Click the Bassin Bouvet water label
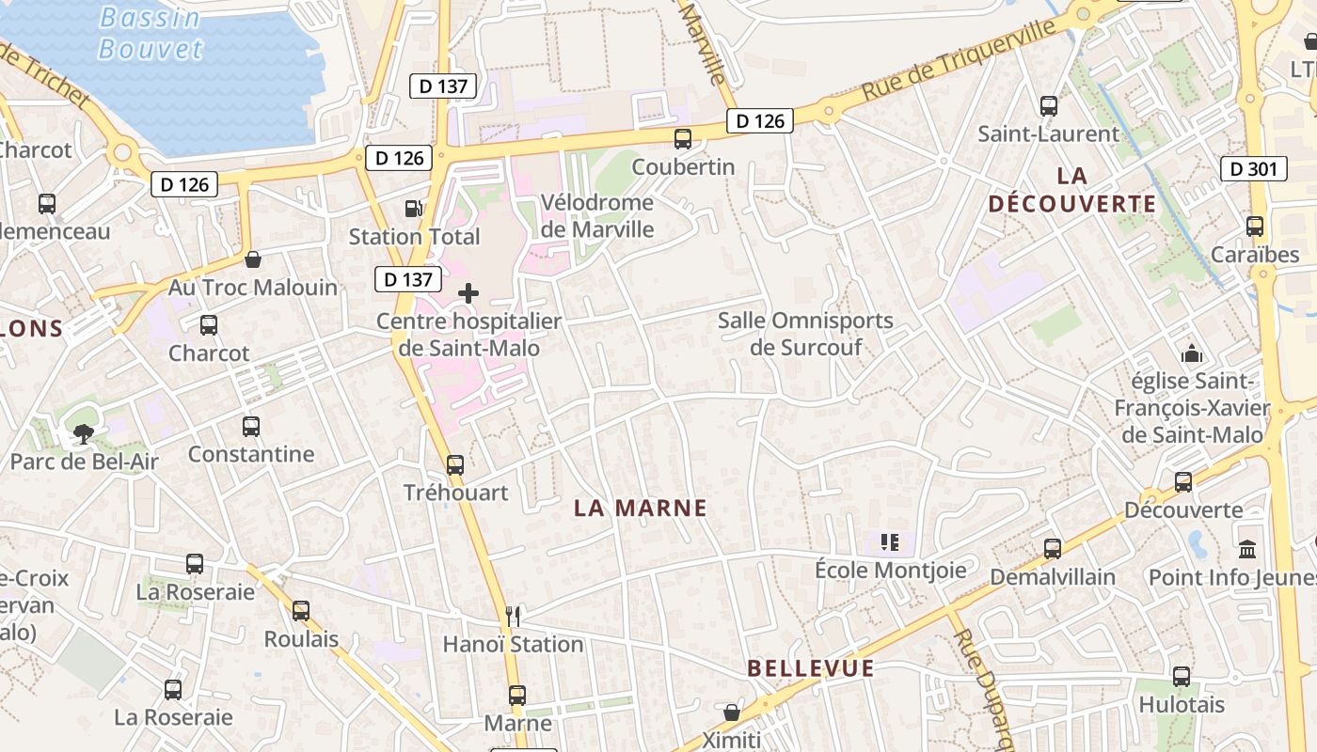tap(151, 33)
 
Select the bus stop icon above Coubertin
tap(683, 139)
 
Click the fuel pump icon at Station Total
tap(413, 209)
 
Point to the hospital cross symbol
tap(468, 293)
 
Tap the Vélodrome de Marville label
tap(597, 215)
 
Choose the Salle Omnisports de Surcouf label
tap(805, 334)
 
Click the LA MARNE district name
tap(641, 509)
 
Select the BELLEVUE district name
tap(811, 668)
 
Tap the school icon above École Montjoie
tap(890, 542)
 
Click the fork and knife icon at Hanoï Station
tap(513, 616)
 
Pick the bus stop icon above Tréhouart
tap(455, 464)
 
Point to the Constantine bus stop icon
tap(251, 427)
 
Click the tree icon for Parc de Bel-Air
tap(84, 433)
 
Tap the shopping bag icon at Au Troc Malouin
tap(252, 259)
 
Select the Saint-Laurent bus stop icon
tap(1049, 106)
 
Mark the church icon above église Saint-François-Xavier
tap(1192, 354)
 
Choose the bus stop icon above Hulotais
tap(1182, 676)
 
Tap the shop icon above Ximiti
tap(732, 713)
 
